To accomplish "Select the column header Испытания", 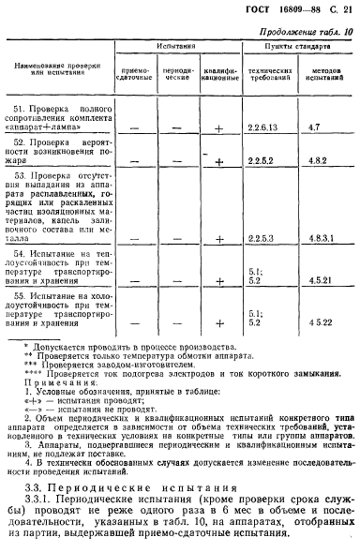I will [x=175, y=45].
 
